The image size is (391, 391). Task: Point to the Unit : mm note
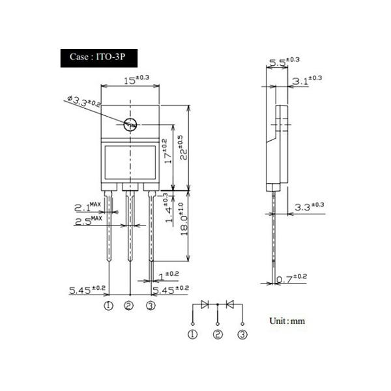click(287, 321)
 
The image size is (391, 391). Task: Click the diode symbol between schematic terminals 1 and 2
click(205, 304)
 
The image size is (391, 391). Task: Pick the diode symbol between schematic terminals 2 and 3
click(229, 304)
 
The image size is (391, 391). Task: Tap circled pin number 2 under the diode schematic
click(218, 335)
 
